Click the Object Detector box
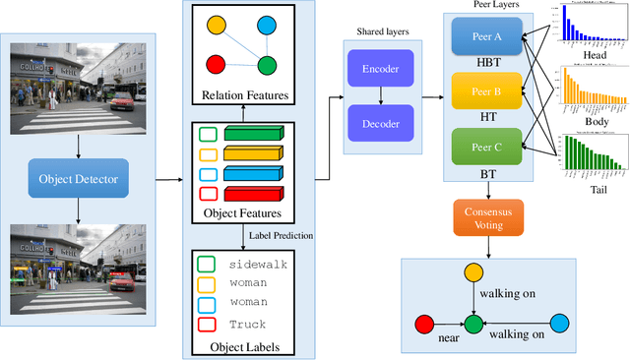coord(78,180)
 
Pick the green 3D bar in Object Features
coord(254,134)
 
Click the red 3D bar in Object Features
coord(254,193)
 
